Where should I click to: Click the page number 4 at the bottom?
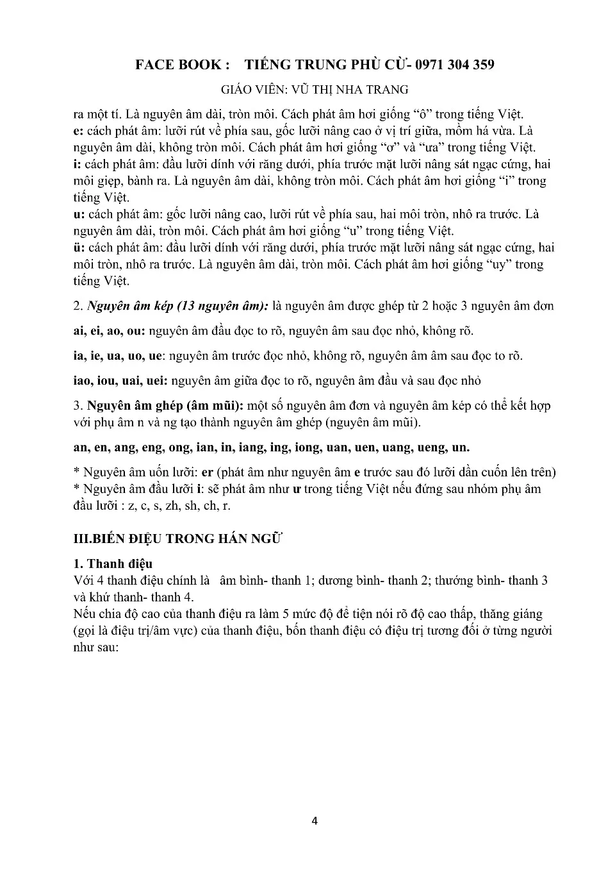[314, 821]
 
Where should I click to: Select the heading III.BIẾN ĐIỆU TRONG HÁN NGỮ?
[178, 539]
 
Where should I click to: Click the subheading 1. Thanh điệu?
[113, 564]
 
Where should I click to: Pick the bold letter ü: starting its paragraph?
[79, 247]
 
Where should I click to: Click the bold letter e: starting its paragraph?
[78, 131]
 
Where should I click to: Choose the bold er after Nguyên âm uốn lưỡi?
[208, 473]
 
